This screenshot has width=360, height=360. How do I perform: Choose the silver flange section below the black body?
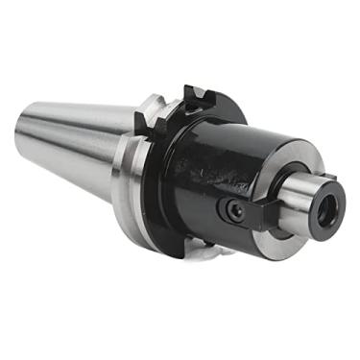click(206, 252)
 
